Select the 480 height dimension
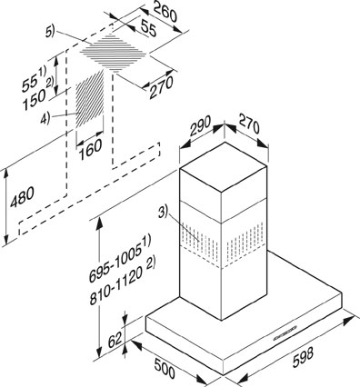coord(23,196)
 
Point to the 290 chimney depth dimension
coord(201,125)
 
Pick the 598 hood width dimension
coord(303,358)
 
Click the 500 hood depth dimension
coord(165,368)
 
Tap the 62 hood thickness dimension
coord(115,340)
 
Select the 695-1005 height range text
coord(120,260)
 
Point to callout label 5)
coord(50,31)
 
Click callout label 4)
coord(45,118)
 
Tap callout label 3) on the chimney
coord(163,213)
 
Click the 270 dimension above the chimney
coord(249,124)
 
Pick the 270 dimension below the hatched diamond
coord(162,87)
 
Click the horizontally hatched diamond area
coord(114,54)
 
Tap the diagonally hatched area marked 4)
coord(89,99)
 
